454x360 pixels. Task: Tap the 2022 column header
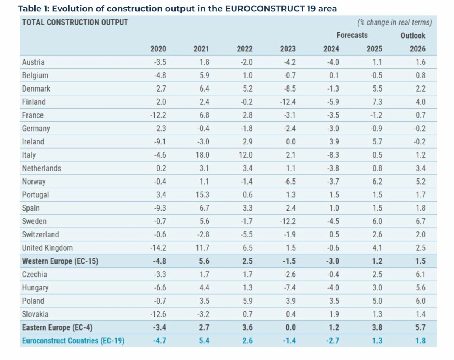pyautogui.click(x=245, y=49)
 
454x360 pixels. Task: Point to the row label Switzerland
pyautogui.click(x=40, y=234)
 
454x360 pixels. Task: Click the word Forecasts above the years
pyautogui.click(x=352, y=35)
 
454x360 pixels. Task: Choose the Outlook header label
pyautogui.click(x=413, y=36)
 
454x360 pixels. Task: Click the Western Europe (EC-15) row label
pyautogui.click(x=60, y=261)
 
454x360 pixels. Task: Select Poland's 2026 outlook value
pyautogui.click(x=421, y=301)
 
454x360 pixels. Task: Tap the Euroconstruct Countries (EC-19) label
pyautogui.click(x=73, y=341)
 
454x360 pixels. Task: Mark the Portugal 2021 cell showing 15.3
pyautogui.click(x=201, y=195)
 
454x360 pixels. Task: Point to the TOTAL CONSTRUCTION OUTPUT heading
pyautogui.click(x=75, y=22)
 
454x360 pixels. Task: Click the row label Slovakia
pyautogui.click(x=35, y=314)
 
